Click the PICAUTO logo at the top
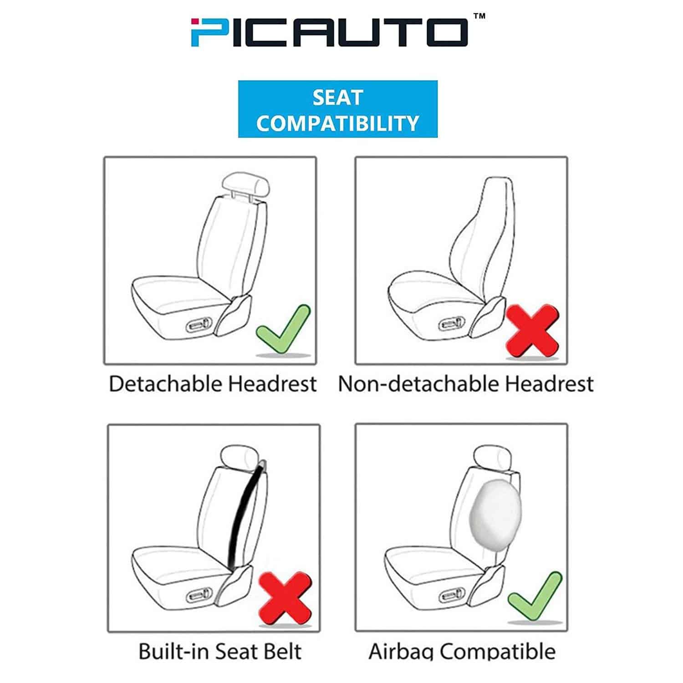[329, 32]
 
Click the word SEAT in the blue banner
[338, 98]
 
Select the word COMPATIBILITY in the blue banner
[338, 123]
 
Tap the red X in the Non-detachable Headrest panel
[532, 330]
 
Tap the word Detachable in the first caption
[166, 384]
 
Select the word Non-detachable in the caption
[419, 384]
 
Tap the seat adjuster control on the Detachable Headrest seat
[199, 325]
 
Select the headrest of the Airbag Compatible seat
[494, 456]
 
